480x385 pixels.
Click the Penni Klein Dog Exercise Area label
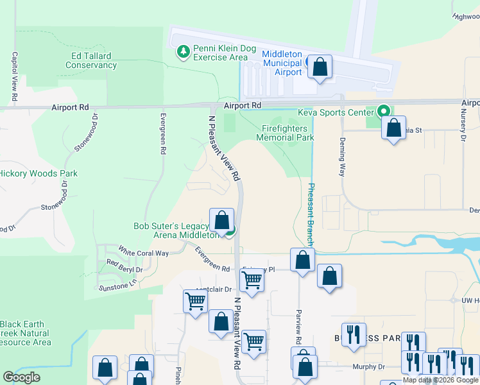[220, 53]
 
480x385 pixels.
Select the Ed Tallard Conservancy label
[91, 60]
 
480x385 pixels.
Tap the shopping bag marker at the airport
[320, 66]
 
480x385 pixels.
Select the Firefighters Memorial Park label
[285, 133]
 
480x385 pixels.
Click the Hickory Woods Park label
[38, 173]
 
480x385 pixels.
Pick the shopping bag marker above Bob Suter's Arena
[221, 220]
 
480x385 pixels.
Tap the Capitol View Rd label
[13, 76]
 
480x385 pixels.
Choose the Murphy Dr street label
[368, 367]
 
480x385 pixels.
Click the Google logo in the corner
[21, 377]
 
